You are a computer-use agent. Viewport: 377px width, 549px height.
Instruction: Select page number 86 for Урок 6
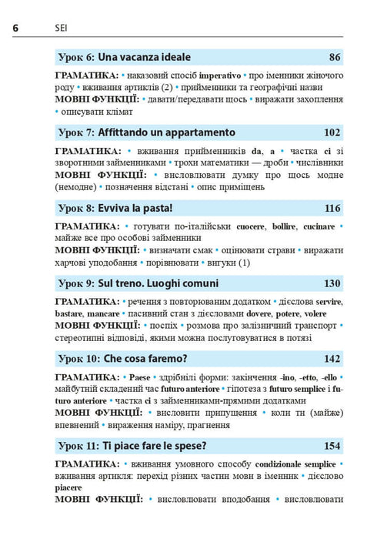click(334, 57)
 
